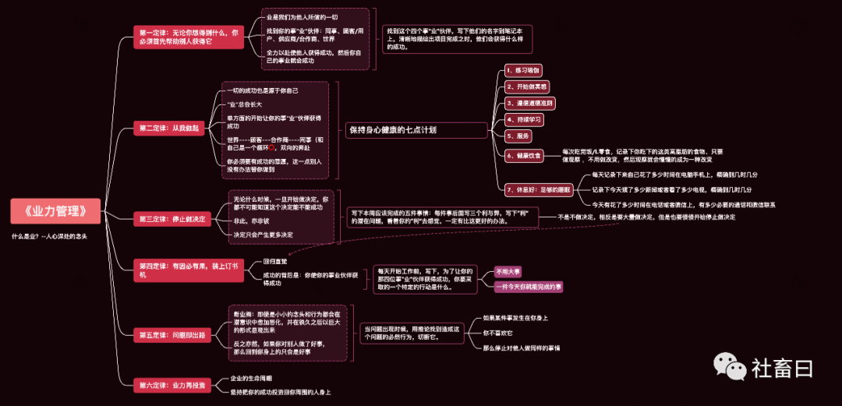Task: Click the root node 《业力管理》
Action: click(58, 210)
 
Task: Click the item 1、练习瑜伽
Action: click(523, 70)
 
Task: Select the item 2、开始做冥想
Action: click(528, 86)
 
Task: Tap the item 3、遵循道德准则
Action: click(530, 103)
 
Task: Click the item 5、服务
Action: click(518, 136)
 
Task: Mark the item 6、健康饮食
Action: click(524, 155)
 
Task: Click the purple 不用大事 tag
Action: click(508, 271)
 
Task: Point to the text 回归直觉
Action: click(275, 261)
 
